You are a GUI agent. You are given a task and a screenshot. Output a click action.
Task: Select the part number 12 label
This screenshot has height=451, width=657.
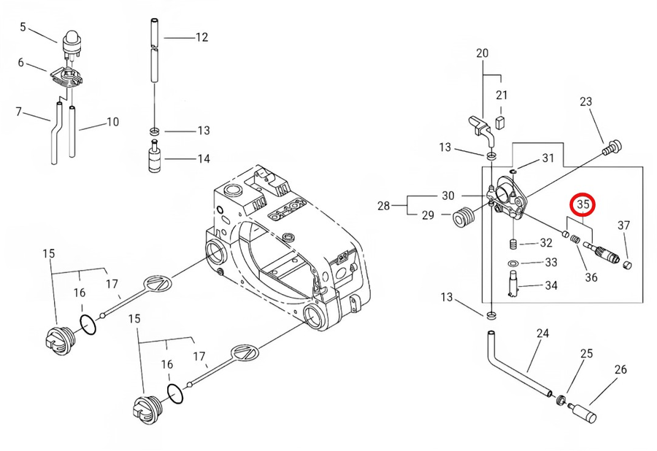click(201, 37)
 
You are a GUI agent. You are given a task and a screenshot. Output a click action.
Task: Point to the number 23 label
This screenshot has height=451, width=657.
click(586, 102)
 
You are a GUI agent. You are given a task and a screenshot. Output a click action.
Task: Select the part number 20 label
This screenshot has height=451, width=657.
click(482, 53)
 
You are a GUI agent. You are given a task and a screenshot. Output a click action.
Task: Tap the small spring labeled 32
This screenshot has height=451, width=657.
click(513, 244)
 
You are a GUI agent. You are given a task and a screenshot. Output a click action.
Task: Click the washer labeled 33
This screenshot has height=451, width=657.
click(512, 263)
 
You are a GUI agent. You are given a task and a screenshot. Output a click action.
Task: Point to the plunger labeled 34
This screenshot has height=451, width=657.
click(514, 283)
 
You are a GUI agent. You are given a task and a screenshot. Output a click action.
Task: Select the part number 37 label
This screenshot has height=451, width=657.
click(623, 225)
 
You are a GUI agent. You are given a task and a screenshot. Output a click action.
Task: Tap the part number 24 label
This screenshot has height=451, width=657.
click(542, 334)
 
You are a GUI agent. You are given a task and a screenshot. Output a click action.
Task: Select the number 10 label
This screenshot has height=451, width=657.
click(112, 122)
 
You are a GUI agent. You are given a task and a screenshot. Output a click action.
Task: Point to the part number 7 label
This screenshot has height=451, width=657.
click(19, 112)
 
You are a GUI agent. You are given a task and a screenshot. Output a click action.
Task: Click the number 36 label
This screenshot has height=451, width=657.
click(591, 277)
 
